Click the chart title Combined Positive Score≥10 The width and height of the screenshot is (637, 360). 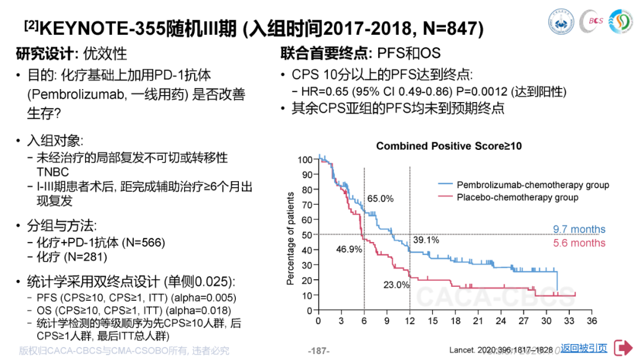coord(449,146)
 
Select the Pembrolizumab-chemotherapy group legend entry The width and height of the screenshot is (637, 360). coord(533,185)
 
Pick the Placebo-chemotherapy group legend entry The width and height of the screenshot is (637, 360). coord(517,197)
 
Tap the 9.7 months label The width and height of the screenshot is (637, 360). coord(579,230)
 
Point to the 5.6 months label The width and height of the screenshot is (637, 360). coord(579,243)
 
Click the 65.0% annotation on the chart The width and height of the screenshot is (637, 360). coord(380,199)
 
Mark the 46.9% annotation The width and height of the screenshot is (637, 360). coord(349,249)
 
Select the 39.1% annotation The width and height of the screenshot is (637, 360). coord(426,240)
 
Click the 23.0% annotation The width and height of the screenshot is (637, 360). coord(396,284)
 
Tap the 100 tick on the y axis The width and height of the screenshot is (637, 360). coord(304,159)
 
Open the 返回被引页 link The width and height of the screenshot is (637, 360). coord(583,348)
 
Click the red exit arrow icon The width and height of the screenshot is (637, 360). coord(622,348)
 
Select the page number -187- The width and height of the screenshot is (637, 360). coord(318,351)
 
